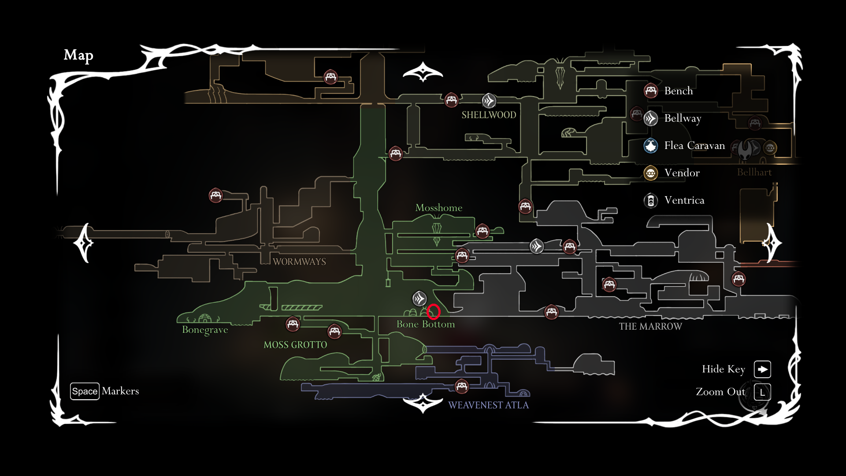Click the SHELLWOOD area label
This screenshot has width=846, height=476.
tap(489, 115)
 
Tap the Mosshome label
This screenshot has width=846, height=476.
tap(439, 208)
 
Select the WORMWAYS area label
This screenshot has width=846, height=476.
tap(299, 262)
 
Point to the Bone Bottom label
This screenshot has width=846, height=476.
tap(426, 324)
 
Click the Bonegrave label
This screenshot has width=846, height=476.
tap(205, 330)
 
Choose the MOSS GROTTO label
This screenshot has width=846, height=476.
tap(295, 345)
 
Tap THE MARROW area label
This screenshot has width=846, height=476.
tap(650, 327)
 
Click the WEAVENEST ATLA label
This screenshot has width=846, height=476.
tap(488, 405)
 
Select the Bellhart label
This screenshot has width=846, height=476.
tap(754, 172)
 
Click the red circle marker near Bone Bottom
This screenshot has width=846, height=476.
tap(434, 312)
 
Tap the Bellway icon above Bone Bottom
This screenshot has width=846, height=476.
tap(419, 298)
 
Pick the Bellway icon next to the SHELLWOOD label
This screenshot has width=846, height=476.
tap(489, 101)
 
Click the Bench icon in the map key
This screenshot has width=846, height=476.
tap(651, 91)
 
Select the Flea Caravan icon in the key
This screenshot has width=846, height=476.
tap(651, 145)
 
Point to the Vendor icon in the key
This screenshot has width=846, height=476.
tap(651, 173)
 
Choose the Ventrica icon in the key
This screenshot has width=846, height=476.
tap(651, 201)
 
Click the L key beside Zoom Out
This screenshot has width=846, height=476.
tap(762, 392)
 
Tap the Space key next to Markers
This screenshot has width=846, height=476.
tap(85, 391)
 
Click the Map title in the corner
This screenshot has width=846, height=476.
tap(78, 55)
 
